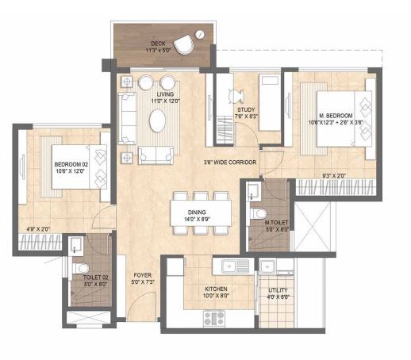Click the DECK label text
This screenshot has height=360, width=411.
pos(158,44)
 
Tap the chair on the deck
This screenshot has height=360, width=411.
pos(183,45)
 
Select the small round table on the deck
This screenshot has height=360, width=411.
pos(200,34)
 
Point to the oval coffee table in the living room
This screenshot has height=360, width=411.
pos(157,121)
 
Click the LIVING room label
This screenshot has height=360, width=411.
pos(165,94)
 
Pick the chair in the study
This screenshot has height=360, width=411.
pos(235,96)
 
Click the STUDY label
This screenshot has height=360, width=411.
pos(246,109)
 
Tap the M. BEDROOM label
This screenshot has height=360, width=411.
pos(336,116)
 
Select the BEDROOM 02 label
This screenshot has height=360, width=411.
pos(71,164)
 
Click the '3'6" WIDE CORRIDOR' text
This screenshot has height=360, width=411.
pos(230,163)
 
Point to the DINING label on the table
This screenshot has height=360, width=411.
pos(197,212)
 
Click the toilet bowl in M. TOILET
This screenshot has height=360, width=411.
pos(258,213)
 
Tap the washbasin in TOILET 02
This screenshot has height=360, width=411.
pos(76,246)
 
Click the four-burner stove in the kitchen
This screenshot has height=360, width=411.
pos(214,318)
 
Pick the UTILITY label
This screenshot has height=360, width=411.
pos(278,290)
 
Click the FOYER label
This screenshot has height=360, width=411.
pos(143,275)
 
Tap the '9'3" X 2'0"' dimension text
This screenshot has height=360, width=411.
pos(334,175)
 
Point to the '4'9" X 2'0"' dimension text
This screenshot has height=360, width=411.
pos(39,229)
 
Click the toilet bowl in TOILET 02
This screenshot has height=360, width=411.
pos(80,268)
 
